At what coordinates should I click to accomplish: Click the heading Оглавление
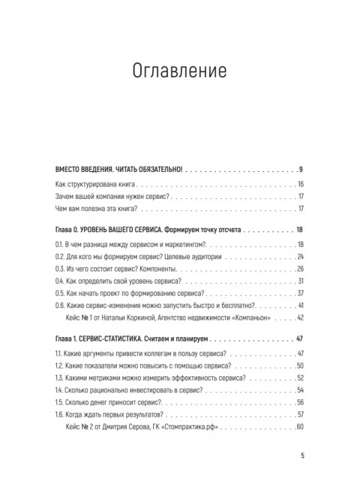(179, 73)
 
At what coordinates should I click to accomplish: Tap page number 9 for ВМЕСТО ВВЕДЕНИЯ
(300, 167)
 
